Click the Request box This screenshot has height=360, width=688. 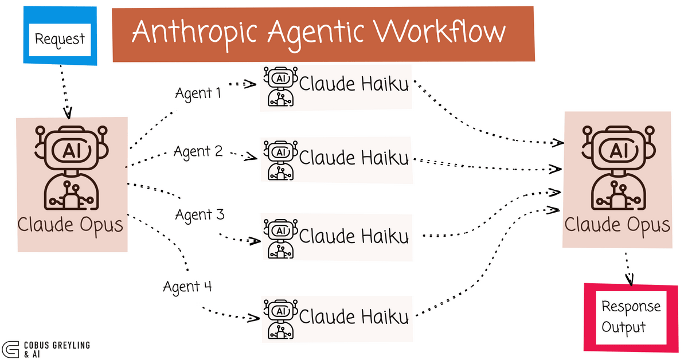(x=60, y=38)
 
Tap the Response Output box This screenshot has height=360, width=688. (x=630, y=316)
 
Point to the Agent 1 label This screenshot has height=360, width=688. (x=198, y=93)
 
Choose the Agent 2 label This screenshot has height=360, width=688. (x=198, y=152)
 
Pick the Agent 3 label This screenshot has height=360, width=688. (x=200, y=215)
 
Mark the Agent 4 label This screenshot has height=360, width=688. (x=187, y=286)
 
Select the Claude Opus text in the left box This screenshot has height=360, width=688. (x=71, y=224)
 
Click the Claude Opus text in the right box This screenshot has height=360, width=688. (x=617, y=224)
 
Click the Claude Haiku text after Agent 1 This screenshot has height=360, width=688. (x=354, y=85)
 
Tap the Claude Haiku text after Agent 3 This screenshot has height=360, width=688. (x=354, y=236)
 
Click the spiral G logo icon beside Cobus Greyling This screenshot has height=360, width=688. (x=11, y=349)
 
